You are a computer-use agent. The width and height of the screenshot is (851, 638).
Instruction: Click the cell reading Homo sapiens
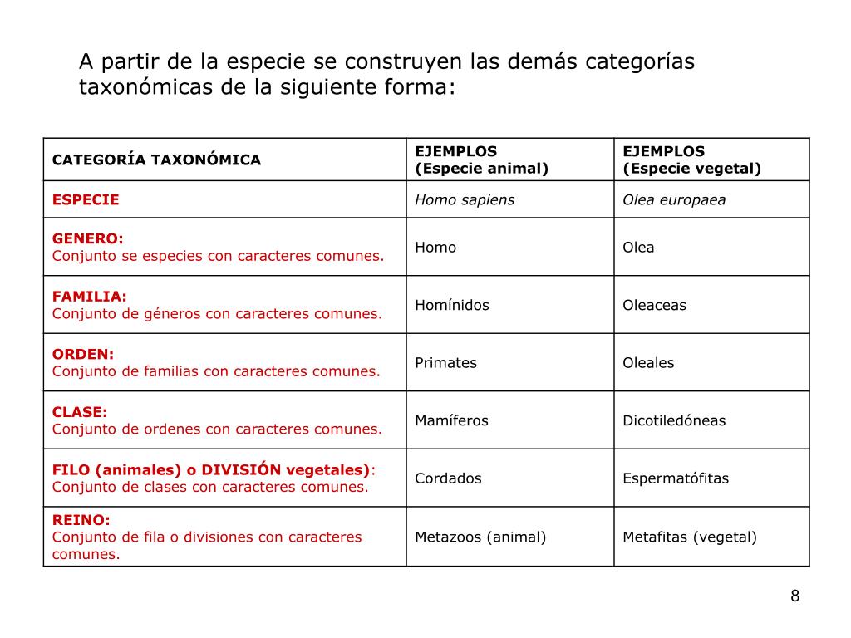coord(465,199)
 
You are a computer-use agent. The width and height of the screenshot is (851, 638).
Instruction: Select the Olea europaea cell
coord(674,199)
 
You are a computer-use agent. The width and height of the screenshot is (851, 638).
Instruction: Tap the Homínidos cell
coord(452,305)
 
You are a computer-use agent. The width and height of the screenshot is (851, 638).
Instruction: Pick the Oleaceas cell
coord(654,305)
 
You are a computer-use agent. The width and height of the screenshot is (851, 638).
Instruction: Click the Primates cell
coord(446,363)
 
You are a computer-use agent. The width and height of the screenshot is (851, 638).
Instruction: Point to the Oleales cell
coord(648,363)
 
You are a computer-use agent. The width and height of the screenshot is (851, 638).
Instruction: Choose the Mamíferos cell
coord(451,420)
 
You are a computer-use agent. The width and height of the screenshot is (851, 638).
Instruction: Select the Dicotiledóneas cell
coord(674,420)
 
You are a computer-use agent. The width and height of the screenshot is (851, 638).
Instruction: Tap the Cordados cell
coord(448,478)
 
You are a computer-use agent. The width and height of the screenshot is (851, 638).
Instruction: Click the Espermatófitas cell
coord(676,478)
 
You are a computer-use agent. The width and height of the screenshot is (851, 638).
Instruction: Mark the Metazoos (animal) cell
coord(480,537)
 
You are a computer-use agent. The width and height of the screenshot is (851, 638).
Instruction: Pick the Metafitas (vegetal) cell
coord(690,537)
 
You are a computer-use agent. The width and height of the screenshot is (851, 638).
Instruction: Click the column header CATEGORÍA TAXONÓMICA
coord(156,159)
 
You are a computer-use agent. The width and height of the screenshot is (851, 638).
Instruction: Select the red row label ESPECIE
coord(86,199)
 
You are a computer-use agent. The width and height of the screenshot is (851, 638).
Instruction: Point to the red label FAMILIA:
coord(90,297)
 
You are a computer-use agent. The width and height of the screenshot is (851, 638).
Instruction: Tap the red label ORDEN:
coord(83,354)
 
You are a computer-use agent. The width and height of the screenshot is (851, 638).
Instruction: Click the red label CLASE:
coord(80,412)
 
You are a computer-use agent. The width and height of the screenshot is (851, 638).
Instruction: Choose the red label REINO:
coord(81,520)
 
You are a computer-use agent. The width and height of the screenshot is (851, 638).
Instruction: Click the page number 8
coord(794,596)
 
